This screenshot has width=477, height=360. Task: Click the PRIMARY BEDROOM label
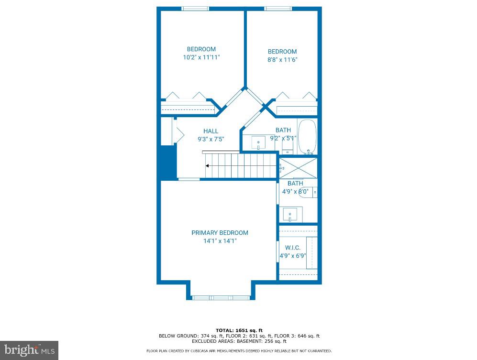[220, 233]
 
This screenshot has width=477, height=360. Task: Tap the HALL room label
[211, 131]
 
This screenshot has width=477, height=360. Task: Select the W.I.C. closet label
[293, 248]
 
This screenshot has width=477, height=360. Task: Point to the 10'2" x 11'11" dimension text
[201, 57]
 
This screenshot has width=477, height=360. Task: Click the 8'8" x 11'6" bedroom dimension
[282, 60]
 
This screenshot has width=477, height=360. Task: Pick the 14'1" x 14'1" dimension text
[220, 241]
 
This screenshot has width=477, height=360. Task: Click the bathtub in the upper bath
[307, 137]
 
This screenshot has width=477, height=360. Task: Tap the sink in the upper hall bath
[258, 142]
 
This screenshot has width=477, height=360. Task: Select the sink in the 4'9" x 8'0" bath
[290, 214]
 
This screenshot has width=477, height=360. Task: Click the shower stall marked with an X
[298, 168]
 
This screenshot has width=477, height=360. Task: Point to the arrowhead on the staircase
[207, 166]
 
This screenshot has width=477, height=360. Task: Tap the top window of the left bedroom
[195, 9]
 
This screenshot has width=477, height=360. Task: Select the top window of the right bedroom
[278, 9]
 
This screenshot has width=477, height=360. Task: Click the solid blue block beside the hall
[168, 162]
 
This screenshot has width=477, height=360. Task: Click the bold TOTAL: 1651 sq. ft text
[239, 330]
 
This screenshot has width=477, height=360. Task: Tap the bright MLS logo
[29, 350]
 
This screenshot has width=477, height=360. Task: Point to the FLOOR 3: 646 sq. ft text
[297, 336]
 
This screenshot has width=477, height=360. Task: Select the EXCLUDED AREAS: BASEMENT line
[239, 341]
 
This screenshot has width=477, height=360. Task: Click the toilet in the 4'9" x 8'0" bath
[308, 193]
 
